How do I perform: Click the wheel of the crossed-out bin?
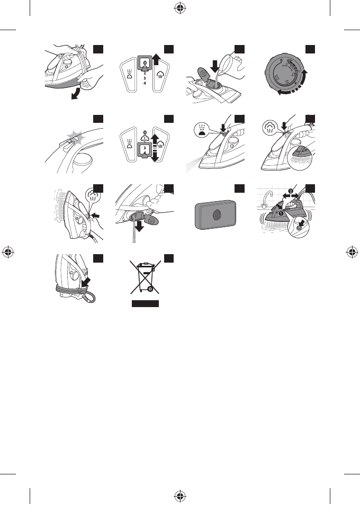coord(151,289)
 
